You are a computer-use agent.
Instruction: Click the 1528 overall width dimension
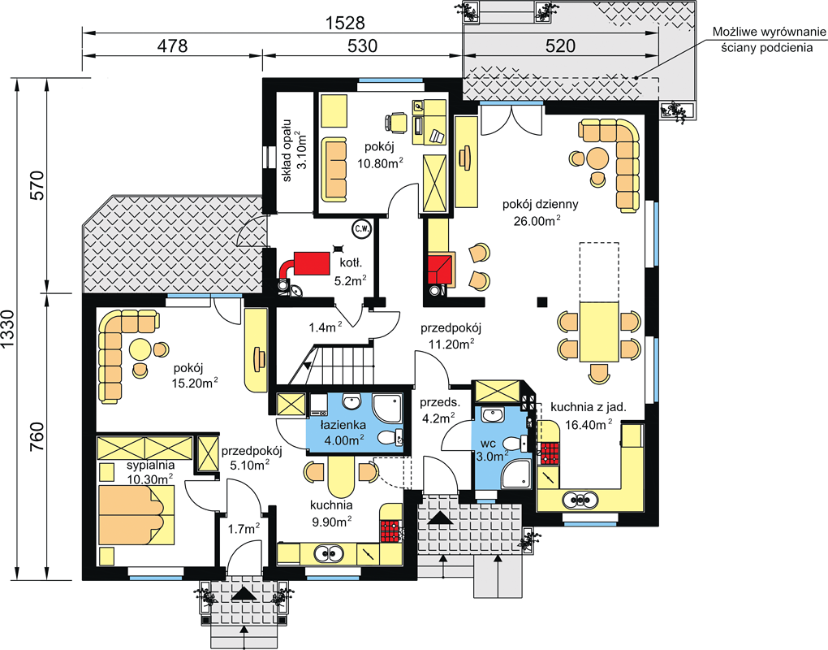click(345, 24)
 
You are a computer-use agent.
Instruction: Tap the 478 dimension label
click(173, 46)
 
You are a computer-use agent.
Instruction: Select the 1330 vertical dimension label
click(8, 330)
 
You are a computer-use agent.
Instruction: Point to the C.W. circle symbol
click(362, 229)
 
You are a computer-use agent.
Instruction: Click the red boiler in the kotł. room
click(311, 263)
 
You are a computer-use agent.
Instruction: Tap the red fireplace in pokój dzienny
click(441, 270)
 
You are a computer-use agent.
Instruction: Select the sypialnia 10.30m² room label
click(150, 472)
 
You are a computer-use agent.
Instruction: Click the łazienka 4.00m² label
click(343, 431)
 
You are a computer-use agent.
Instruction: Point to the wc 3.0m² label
click(492, 449)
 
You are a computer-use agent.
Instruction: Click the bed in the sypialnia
click(136, 515)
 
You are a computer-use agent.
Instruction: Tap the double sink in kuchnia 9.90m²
click(329, 552)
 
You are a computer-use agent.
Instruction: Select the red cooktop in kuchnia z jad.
click(550, 453)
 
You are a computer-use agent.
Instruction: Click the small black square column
click(541, 302)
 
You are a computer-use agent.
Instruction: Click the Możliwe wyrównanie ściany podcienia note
click(769, 40)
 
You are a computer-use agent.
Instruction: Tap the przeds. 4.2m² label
click(440, 410)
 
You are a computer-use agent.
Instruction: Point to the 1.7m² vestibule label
click(244, 528)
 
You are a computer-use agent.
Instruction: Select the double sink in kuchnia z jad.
click(580, 498)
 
